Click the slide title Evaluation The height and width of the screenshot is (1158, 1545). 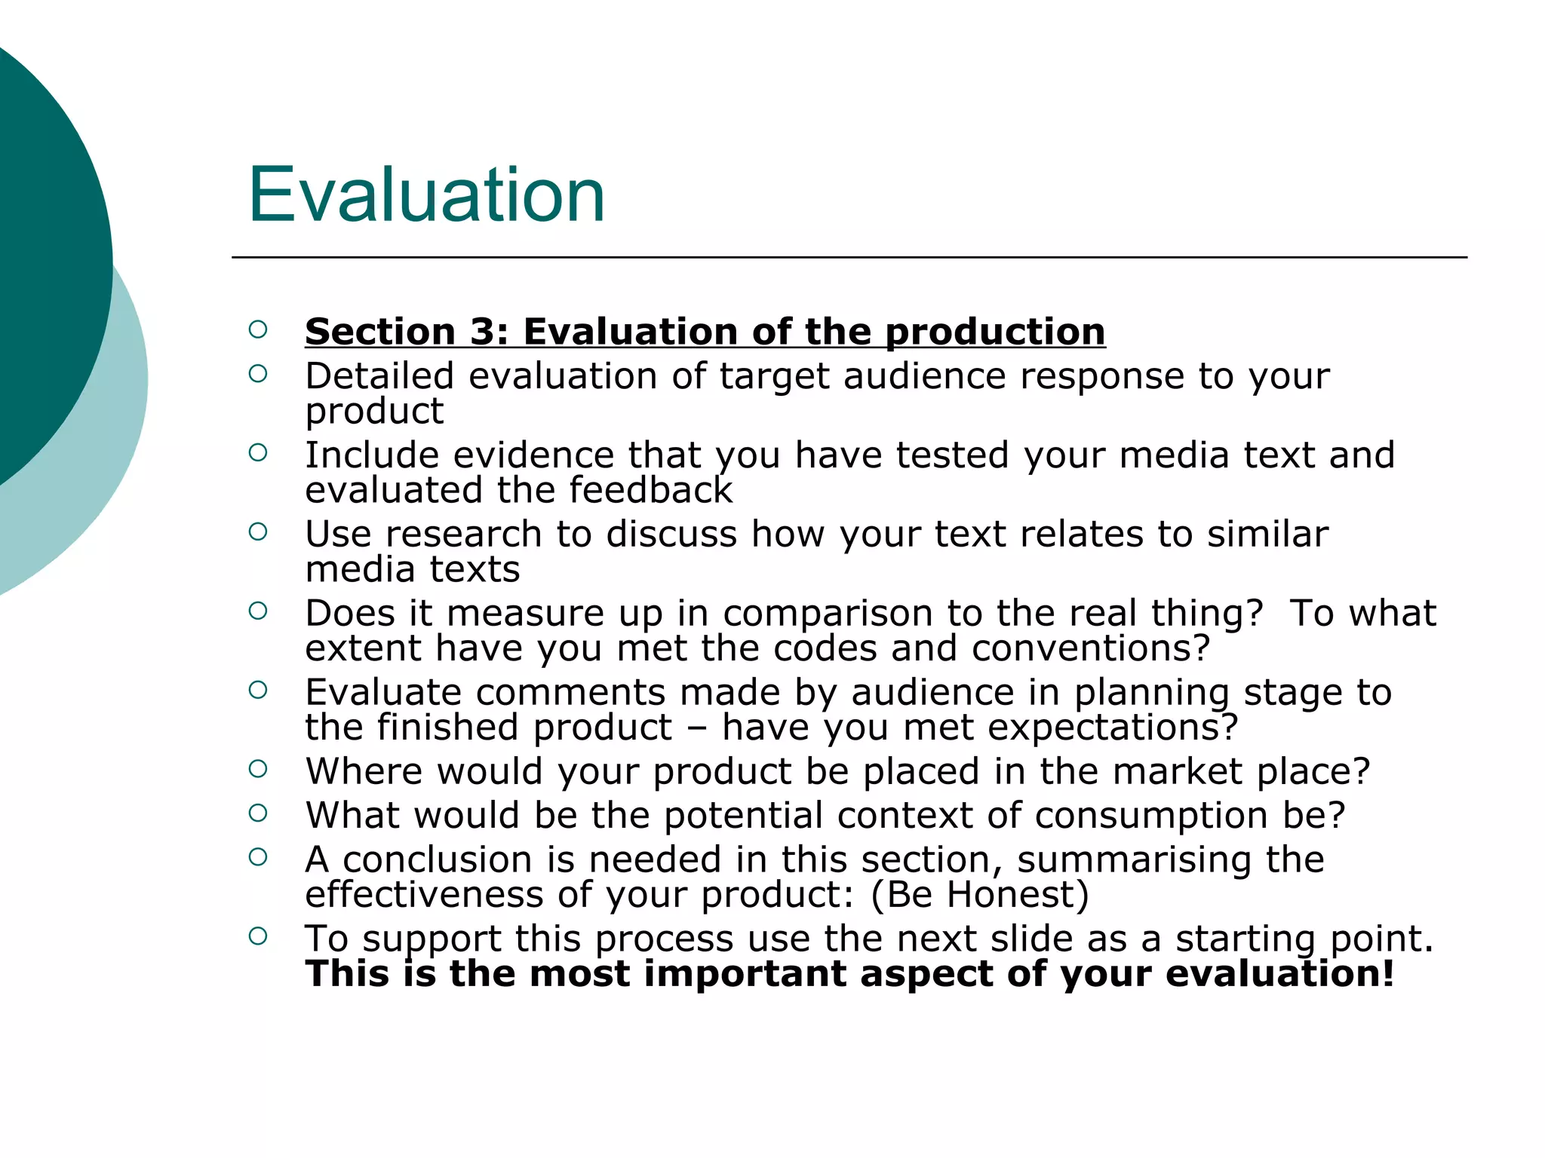(x=427, y=195)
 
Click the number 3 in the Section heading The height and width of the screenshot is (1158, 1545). (x=481, y=332)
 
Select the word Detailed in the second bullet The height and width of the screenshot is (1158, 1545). (x=379, y=375)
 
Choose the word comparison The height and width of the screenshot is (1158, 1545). (x=828, y=613)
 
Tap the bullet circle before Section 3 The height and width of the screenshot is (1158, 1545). (x=258, y=329)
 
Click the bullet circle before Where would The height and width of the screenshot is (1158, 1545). (x=258, y=769)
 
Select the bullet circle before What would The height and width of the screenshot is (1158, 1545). (x=258, y=813)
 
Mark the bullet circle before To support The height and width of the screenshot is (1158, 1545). (x=258, y=936)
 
